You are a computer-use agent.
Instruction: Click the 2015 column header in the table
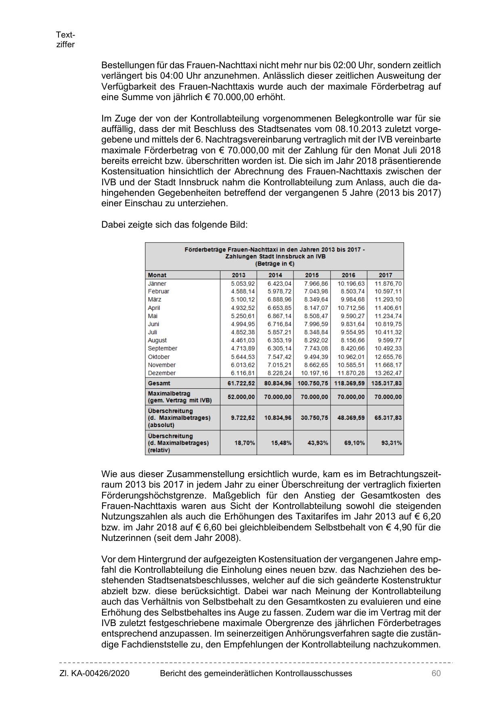(x=312, y=275)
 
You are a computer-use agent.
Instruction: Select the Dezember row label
(x=161, y=373)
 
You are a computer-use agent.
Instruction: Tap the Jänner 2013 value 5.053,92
(x=243, y=283)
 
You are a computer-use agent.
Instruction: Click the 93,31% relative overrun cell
(x=392, y=443)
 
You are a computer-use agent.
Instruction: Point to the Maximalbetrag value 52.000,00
(x=241, y=397)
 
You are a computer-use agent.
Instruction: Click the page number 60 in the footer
(x=436, y=673)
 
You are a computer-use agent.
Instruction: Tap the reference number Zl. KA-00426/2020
(x=94, y=673)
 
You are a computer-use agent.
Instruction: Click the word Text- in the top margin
(x=65, y=35)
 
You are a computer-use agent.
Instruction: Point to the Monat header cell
(x=157, y=275)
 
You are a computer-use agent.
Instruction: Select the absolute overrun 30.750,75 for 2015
(x=314, y=418)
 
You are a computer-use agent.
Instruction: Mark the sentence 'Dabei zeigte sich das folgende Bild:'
(x=174, y=224)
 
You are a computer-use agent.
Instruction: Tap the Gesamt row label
(x=159, y=383)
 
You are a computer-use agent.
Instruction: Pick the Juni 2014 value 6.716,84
(x=279, y=324)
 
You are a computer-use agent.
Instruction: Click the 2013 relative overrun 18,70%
(x=245, y=443)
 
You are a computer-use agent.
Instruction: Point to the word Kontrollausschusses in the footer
(x=313, y=673)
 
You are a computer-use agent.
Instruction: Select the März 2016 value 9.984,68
(x=353, y=300)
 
